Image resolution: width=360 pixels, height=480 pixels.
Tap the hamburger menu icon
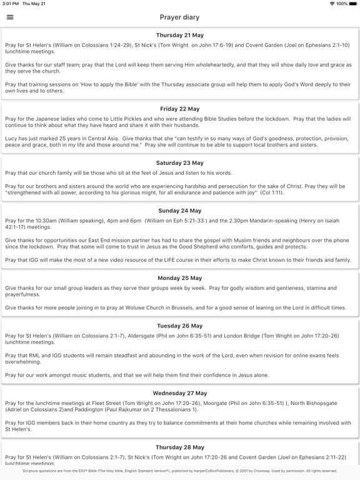click(10, 17)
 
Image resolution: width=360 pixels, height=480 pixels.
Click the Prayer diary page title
click(180, 17)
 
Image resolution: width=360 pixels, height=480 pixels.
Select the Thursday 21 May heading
click(180, 36)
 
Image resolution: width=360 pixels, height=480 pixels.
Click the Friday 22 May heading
click(180, 109)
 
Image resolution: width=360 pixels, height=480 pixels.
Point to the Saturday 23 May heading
click(180, 163)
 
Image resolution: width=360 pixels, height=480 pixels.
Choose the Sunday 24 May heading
click(180, 211)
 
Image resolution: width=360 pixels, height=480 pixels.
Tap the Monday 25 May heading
click(180, 278)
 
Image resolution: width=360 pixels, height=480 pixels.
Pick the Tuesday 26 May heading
click(180, 326)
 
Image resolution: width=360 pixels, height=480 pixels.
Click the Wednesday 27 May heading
click(180, 394)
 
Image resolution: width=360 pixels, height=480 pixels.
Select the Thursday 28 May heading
click(180, 447)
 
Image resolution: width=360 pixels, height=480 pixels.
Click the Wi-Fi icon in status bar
click(332, 4)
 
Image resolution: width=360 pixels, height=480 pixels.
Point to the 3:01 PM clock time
click(11, 4)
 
